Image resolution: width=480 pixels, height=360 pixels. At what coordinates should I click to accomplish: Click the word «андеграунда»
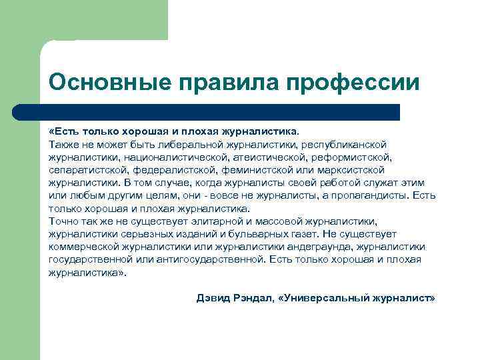(331, 247)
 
